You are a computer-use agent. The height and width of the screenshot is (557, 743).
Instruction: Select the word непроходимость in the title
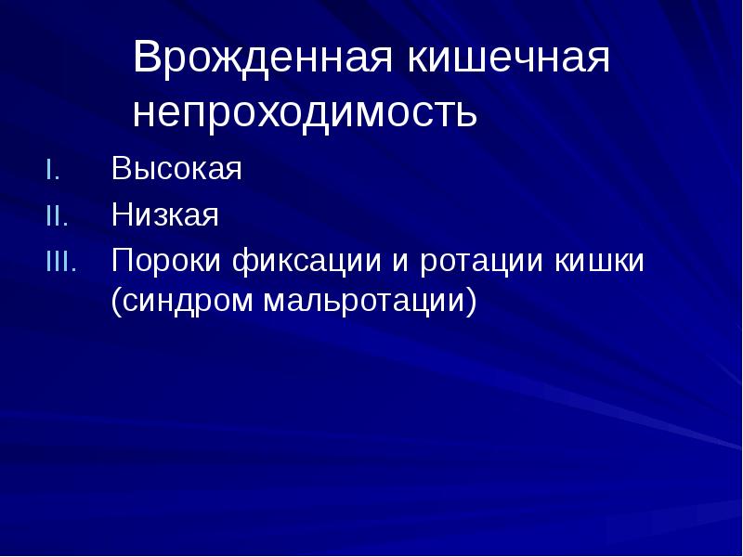click(x=306, y=112)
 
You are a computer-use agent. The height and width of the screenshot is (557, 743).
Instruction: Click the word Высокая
click(x=177, y=170)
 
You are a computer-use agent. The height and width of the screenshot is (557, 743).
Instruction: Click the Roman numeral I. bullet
click(x=53, y=172)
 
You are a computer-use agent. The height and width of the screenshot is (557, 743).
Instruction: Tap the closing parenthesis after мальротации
click(x=471, y=302)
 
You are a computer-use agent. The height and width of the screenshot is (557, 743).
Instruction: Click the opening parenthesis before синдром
click(x=117, y=302)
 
